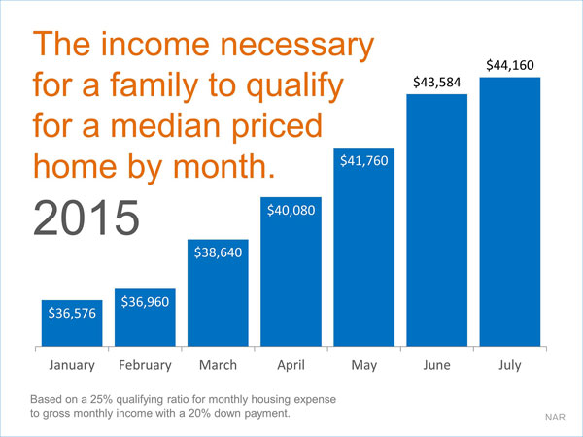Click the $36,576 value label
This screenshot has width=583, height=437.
pyautogui.click(x=72, y=313)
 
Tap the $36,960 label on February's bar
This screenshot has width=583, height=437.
pyautogui.click(x=145, y=301)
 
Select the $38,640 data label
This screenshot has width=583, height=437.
pyautogui.click(x=218, y=252)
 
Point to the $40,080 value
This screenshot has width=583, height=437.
pyautogui.click(x=291, y=210)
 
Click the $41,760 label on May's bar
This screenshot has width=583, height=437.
pyautogui.click(x=364, y=160)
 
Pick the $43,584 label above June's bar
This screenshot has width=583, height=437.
pyautogui.click(x=437, y=82)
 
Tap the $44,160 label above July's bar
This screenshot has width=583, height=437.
pyautogui.click(x=510, y=65)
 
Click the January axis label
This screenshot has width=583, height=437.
pyautogui.click(x=72, y=365)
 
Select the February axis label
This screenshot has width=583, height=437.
pyautogui.click(x=145, y=365)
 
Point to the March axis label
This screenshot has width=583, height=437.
pyautogui.click(x=218, y=365)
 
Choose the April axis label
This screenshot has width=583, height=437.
pyautogui.click(x=291, y=365)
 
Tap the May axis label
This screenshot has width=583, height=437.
pyautogui.click(x=364, y=366)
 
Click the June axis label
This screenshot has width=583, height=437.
pyautogui.click(x=436, y=365)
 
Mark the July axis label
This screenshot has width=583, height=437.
pyautogui.click(x=510, y=365)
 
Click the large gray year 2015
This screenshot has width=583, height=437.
pyautogui.click(x=86, y=218)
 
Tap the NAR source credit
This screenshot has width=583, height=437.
pyautogui.click(x=555, y=417)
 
